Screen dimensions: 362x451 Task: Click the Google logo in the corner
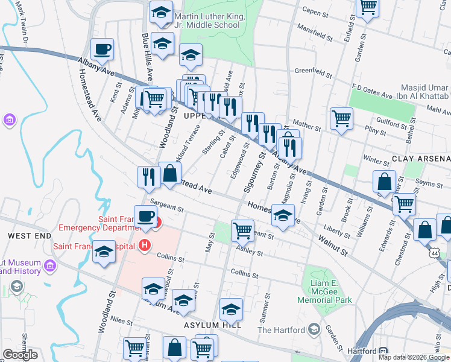pyautogui.click(x=20, y=355)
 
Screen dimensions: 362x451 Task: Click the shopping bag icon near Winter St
pyautogui.click(x=384, y=182)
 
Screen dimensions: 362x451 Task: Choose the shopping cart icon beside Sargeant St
pyautogui.click(x=242, y=230)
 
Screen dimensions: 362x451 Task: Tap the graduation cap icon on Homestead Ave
pyautogui.click(x=282, y=216)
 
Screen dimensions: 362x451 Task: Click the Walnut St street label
pyautogui.click(x=333, y=246)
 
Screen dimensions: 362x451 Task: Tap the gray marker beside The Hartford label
pyautogui.click(x=314, y=329)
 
